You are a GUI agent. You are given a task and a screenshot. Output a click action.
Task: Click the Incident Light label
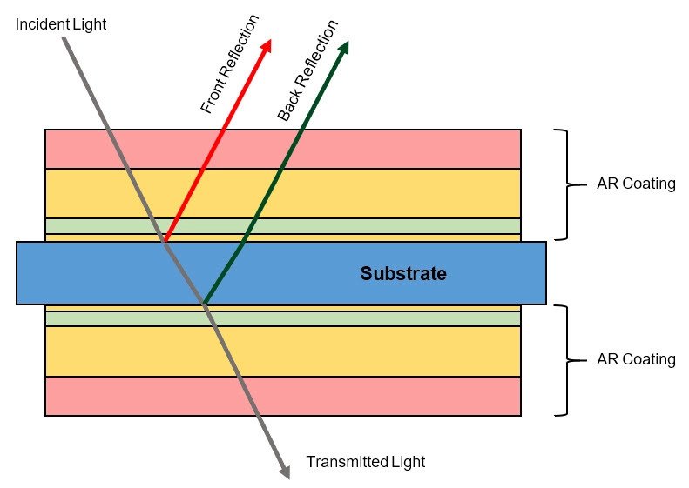tap(61, 24)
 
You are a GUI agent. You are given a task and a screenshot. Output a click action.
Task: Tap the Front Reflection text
tap(231, 64)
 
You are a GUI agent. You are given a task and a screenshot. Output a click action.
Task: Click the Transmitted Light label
tap(366, 462)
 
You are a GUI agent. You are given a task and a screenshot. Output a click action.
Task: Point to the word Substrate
tap(403, 274)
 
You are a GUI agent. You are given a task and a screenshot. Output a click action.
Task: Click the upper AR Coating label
tap(636, 184)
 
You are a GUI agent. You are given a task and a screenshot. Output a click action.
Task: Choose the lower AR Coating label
tap(636, 359)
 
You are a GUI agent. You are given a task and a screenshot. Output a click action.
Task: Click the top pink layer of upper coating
tap(392, 149)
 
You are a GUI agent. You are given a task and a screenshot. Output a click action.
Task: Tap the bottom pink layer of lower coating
tap(392, 396)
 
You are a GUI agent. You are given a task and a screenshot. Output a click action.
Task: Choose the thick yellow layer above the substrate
tap(392, 193)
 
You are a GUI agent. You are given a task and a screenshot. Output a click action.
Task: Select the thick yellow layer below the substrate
tap(392, 351)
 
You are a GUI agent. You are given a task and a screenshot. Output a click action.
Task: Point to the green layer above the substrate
tap(392, 226)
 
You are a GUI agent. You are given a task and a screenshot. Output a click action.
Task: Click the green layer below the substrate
tap(392, 318)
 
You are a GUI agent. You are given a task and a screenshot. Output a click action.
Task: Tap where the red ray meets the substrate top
tap(165, 242)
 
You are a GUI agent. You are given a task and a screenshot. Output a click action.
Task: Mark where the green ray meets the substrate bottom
tap(205, 304)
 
